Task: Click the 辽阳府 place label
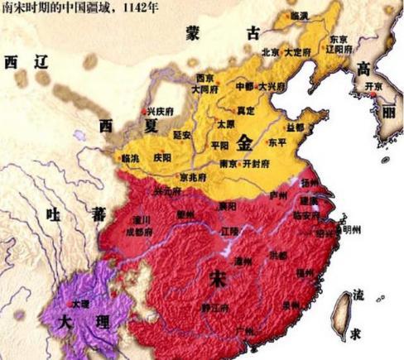click(341, 50)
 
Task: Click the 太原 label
click(225, 123)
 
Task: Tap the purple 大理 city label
click(80, 305)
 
